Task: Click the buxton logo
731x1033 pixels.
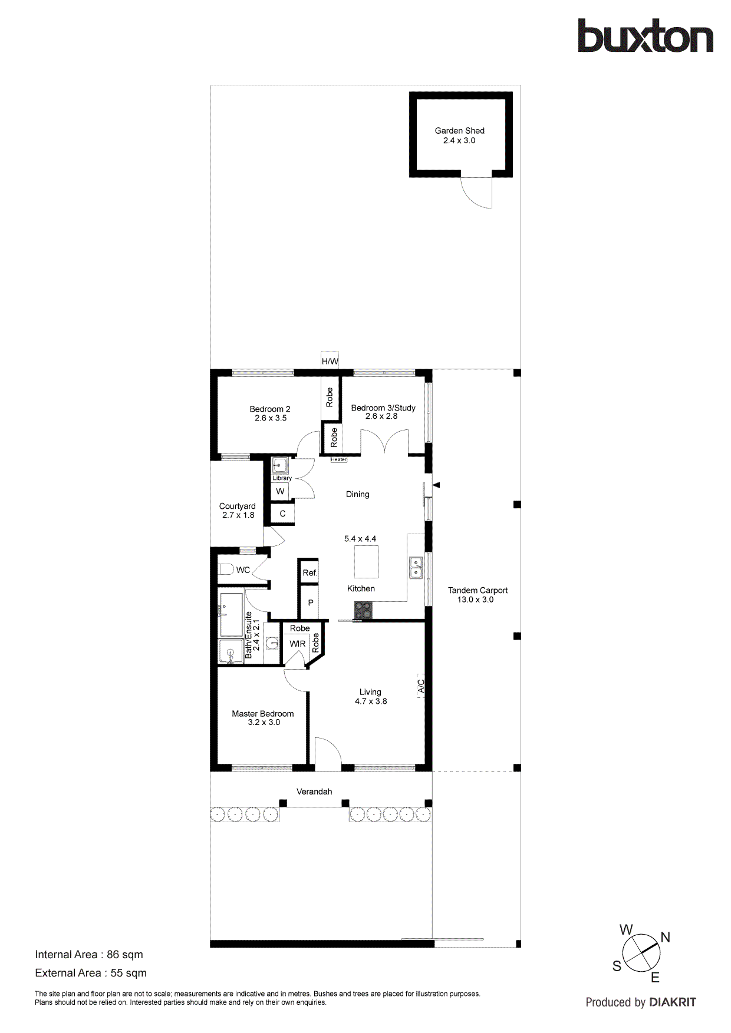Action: point(645,37)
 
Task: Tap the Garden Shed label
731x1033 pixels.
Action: point(459,131)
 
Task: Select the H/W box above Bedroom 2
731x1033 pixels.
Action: point(330,361)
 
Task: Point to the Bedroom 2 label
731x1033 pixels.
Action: point(269,409)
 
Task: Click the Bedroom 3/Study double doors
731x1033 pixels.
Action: point(384,442)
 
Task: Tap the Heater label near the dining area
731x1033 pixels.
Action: point(338,459)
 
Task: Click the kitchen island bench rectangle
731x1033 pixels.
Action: point(366,562)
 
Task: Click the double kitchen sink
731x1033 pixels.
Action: point(416,568)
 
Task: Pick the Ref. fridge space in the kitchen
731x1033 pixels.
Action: point(309,572)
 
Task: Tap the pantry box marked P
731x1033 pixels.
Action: point(310,603)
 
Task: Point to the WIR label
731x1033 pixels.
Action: point(297,644)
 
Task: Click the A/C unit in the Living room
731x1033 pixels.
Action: point(421,686)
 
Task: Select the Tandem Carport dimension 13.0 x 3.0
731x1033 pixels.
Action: point(475,600)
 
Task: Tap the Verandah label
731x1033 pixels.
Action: point(314,792)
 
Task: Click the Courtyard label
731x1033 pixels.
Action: point(237,506)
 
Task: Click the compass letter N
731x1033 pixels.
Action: point(666,937)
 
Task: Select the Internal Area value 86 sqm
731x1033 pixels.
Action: point(124,955)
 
